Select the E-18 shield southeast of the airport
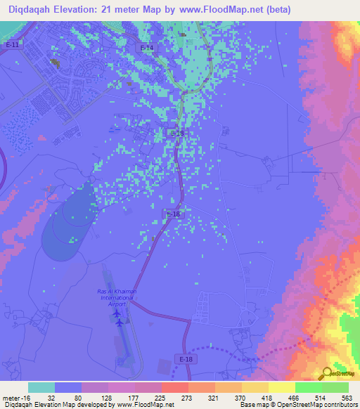click(x=186, y=359)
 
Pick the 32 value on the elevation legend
click(x=51, y=397)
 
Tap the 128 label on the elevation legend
click(x=105, y=397)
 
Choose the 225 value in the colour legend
click(x=160, y=397)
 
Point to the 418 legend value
click(x=267, y=397)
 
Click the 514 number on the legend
click(x=321, y=397)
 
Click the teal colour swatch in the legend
click(x=41, y=387)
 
